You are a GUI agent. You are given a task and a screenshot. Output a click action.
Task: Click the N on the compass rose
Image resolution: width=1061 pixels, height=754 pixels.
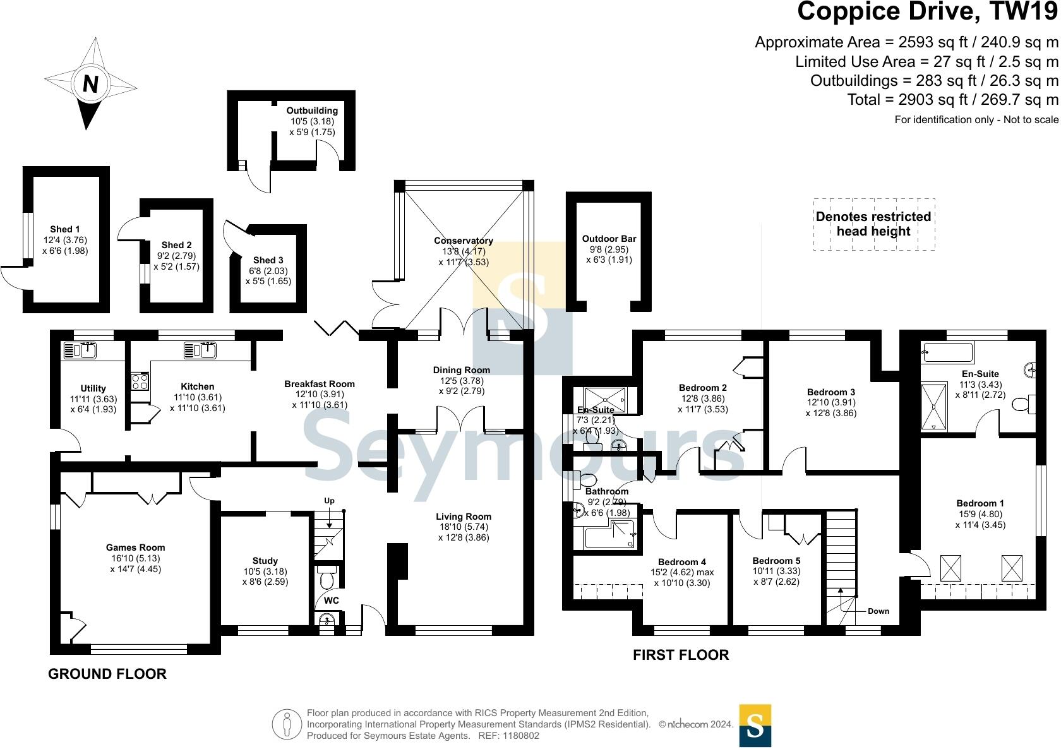click(x=90, y=84)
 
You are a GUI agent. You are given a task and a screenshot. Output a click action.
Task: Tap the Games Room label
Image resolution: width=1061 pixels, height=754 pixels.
click(x=135, y=548)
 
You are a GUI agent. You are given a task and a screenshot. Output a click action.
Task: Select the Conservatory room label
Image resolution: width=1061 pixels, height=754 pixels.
click(x=463, y=241)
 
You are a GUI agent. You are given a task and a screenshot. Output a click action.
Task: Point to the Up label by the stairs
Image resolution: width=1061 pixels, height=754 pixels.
click(x=329, y=501)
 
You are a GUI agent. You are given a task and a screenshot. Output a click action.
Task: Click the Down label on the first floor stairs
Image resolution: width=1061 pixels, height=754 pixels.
click(x=878, y=611)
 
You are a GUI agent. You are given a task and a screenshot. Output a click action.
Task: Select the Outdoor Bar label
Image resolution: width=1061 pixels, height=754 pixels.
click(x=609, y=239)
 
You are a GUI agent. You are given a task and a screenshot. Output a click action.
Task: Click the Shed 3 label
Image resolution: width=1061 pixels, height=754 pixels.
click(x=268, y=260)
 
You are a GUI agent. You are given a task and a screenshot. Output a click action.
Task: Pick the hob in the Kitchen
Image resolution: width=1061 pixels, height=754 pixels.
click(x=140, y=381)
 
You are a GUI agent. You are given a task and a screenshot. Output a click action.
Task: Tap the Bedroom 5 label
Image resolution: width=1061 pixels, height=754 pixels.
click(x=776, y=560)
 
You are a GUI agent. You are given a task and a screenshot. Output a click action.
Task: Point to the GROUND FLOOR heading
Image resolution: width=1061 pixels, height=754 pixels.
click(x=107, y=674)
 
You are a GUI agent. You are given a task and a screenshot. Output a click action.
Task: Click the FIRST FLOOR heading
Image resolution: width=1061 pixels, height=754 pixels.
click(x=681, y=655)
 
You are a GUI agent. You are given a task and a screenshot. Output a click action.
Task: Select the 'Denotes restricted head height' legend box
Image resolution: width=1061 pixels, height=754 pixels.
click(x=873, y=224)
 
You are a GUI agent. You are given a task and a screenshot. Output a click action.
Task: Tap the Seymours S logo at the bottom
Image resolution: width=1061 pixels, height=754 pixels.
click(x=755, y=726)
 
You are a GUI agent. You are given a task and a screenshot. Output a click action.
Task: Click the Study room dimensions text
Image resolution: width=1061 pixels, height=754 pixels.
click(x=265, y=577)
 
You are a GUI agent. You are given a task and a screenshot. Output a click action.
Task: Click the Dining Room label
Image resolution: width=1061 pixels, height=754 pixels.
click(x=461, y=370)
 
